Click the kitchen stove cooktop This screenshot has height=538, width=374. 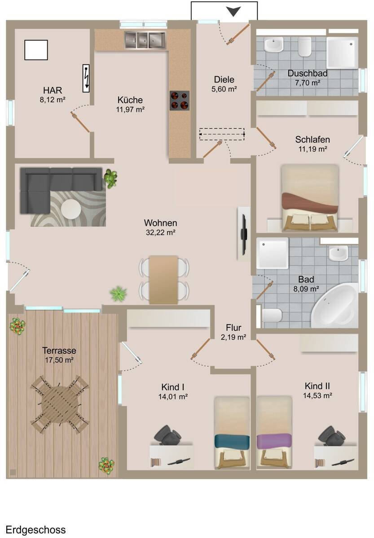(x=180, y=100)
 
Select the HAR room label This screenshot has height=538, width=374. (x=53, y=90)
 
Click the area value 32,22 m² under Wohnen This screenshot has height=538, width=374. (x=160, y=233)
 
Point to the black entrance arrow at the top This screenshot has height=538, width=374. (x=233, y=12)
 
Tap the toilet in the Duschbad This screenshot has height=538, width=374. (x=305, y=47)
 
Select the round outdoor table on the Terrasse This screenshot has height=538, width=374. (x=60, y=405)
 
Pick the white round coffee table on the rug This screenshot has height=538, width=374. (x=70, y=209)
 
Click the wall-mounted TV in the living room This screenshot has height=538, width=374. (x=244, y=234)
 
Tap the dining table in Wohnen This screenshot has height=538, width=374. (x=163, y=280)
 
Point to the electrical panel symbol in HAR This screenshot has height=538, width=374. (x=86, y=78)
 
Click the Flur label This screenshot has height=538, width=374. (x=233, y=328)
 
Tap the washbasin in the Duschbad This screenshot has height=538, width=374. (x=274, y=44)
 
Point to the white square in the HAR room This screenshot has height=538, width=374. (x=36, y=50)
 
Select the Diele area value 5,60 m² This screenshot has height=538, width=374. (x=224, y=89)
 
